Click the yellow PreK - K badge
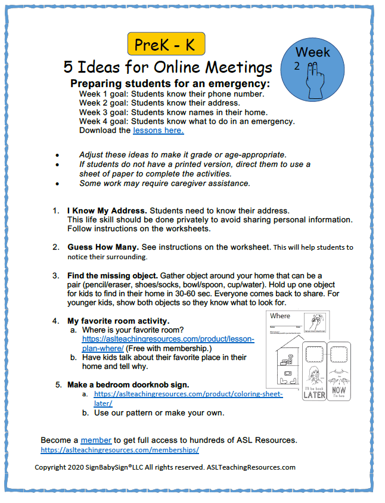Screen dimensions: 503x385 [166, 44]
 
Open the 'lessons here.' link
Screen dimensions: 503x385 [158, 130]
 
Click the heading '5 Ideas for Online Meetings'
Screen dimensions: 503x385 [167, 67]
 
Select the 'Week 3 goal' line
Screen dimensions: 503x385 [173, 112]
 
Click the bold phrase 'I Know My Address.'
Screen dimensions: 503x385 [103, 211]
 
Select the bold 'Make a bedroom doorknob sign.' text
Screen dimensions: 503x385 [128, 384]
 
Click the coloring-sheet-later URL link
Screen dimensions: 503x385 [188, 395]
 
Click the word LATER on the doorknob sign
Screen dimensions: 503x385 [315, 395]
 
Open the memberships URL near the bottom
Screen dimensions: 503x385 [120, 451]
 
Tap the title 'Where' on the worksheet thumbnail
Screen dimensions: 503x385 [280, 316]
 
